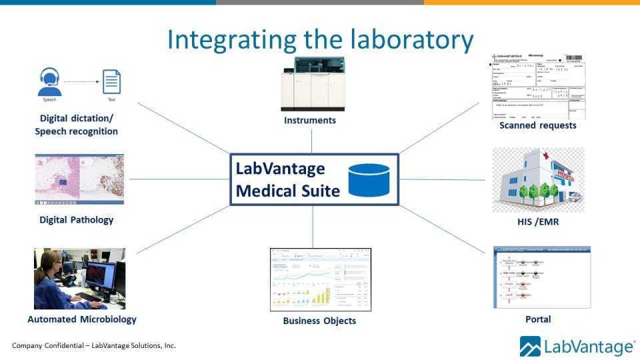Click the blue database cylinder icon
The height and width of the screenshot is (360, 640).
coord(369,180)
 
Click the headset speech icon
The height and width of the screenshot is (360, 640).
coord(50,81)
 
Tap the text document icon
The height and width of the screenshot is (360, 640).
coord(111,81)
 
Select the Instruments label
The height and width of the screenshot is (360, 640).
coord(311,121)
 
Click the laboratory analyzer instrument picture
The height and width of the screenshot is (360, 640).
coord(311,84)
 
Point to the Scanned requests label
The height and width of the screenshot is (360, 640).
coord(537,125)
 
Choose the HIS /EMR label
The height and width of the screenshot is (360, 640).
coord(537,221)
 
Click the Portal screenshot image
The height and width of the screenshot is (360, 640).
coord(541,277)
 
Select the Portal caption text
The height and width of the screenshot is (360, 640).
coord(537,319)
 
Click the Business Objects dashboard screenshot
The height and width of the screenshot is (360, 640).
coord(320,279)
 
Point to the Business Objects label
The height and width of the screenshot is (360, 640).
coord(319,321)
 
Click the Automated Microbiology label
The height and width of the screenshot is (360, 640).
coord(82,319)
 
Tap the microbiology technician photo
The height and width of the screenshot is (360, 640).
coord(79,278)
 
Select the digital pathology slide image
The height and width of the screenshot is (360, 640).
coord(79,179)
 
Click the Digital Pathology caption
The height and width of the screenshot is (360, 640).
coord(76,219)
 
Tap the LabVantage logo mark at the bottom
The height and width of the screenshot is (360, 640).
coord(530,347)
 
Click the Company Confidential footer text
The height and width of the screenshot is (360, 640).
coord(94,345)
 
